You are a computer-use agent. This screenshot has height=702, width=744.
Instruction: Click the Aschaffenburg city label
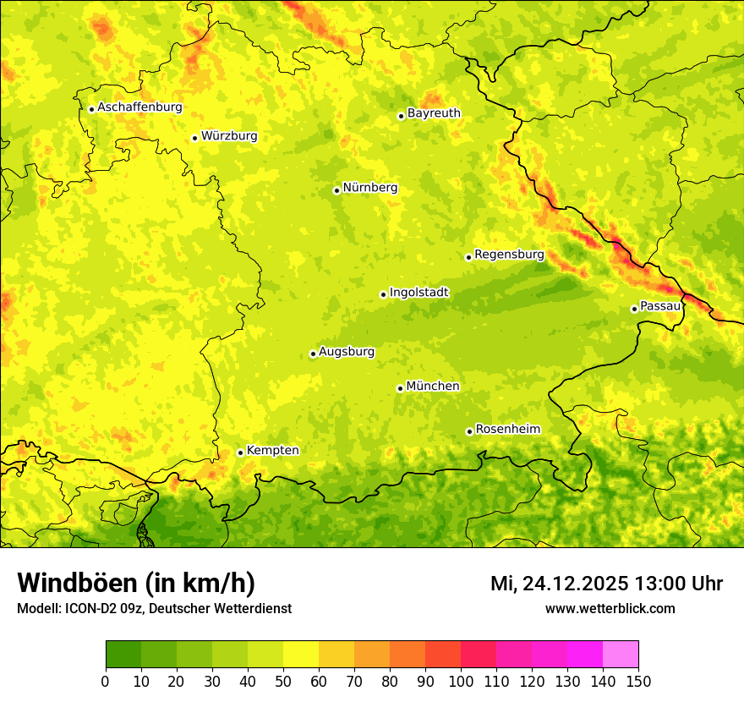tap(139, 107)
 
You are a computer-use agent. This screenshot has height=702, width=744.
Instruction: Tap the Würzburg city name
tap(229, 136)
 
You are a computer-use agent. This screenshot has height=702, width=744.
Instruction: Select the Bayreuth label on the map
tap(434, 113)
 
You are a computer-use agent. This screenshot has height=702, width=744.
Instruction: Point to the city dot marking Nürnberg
tap(336, 190)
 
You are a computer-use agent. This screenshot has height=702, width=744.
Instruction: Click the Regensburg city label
tap(509, 255)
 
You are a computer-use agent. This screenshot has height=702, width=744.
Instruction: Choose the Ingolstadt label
tap(418, 293)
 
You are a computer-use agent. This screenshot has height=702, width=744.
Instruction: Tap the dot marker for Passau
tap(634, 309)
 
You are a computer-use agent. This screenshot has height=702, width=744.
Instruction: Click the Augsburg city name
tap(347, 352)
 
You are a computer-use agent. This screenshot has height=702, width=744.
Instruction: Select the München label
tap(433, 387)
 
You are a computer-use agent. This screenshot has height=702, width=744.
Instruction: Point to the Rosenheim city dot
tap(469, 431)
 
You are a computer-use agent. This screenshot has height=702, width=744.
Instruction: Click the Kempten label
tap(272, 451)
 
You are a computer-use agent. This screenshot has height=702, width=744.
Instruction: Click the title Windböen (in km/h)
tap(135, 584)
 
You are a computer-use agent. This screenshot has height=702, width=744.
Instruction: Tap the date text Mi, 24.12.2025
tap(560, 584)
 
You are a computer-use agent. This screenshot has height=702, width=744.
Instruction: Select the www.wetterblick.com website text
tap(610, 608)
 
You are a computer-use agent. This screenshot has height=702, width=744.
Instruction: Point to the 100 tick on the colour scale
tap(461, 682)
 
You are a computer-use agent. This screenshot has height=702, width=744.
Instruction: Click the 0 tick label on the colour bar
tap(106, 682)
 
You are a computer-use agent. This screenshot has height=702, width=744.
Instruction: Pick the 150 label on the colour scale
tap(638, 682)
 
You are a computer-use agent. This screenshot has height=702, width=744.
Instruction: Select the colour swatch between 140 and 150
tap(621, 655)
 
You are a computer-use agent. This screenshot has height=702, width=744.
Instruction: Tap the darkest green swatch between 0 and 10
tap(123, 655)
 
